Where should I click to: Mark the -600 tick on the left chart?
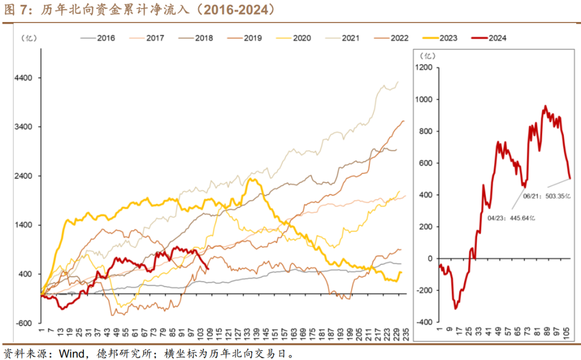pos(24,323)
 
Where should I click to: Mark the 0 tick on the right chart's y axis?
pos(430,258)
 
